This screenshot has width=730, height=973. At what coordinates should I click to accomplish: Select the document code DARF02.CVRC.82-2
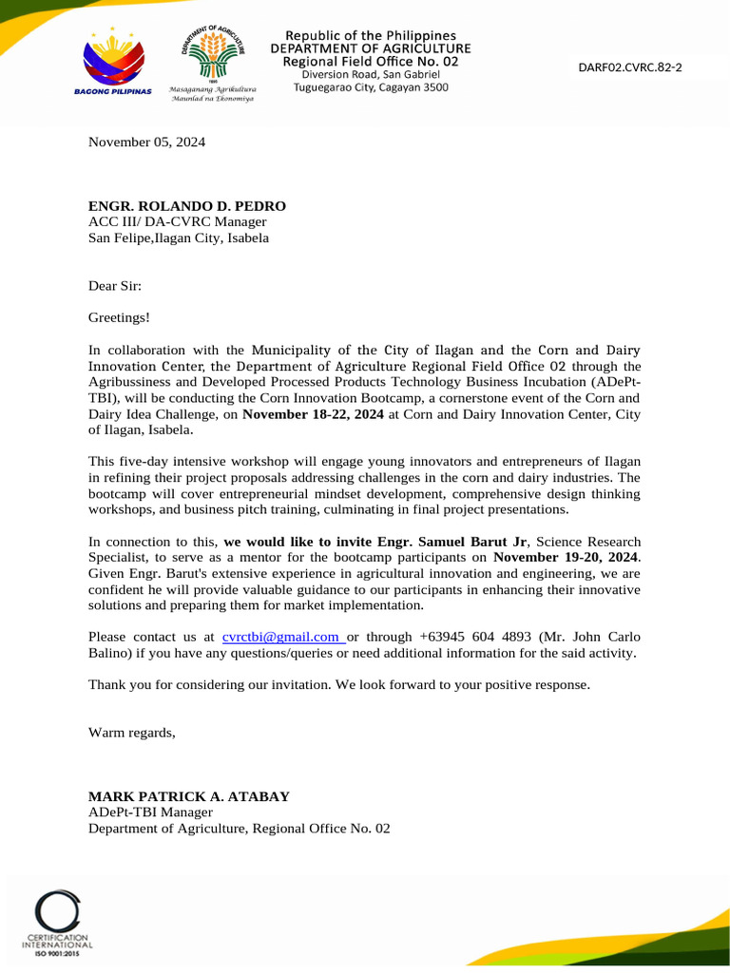pyautogui.click(x=630, y=67)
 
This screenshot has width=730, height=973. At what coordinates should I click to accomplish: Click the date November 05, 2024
pyautogui.click(x=146, y=143)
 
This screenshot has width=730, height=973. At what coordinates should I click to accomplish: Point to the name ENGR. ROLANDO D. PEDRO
pyautogui.click(x=187, y=206)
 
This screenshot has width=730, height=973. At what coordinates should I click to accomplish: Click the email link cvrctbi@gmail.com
pyautogui.click(x=281, y=637)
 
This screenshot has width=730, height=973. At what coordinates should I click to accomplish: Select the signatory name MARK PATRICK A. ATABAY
pyautogui.click(x=189, y=796)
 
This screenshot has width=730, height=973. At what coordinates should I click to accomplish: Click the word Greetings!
pyautogui.click(x=119, y=317)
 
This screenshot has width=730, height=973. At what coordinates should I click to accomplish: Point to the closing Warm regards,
pyautogui.click(x=132, y=732)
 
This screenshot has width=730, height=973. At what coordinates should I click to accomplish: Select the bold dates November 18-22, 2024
pyautogui.click(x=314, y=414)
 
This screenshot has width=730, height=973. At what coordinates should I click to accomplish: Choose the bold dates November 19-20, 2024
pyautogui.click(x=567, y=557)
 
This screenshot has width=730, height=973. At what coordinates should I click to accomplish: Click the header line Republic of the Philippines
pyautogui.click(x=371, y=36)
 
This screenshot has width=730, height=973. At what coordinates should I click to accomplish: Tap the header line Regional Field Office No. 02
pyautogui.click(x=371, y=61)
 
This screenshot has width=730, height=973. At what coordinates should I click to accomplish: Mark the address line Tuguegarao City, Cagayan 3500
pyautogui.click(x=371, y=87)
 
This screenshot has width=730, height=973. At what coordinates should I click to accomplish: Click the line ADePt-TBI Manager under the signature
pyautogui.click(x=150, y=812)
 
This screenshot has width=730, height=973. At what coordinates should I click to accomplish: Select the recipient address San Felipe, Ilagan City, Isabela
pyautogui.click(x=179, y=238)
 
